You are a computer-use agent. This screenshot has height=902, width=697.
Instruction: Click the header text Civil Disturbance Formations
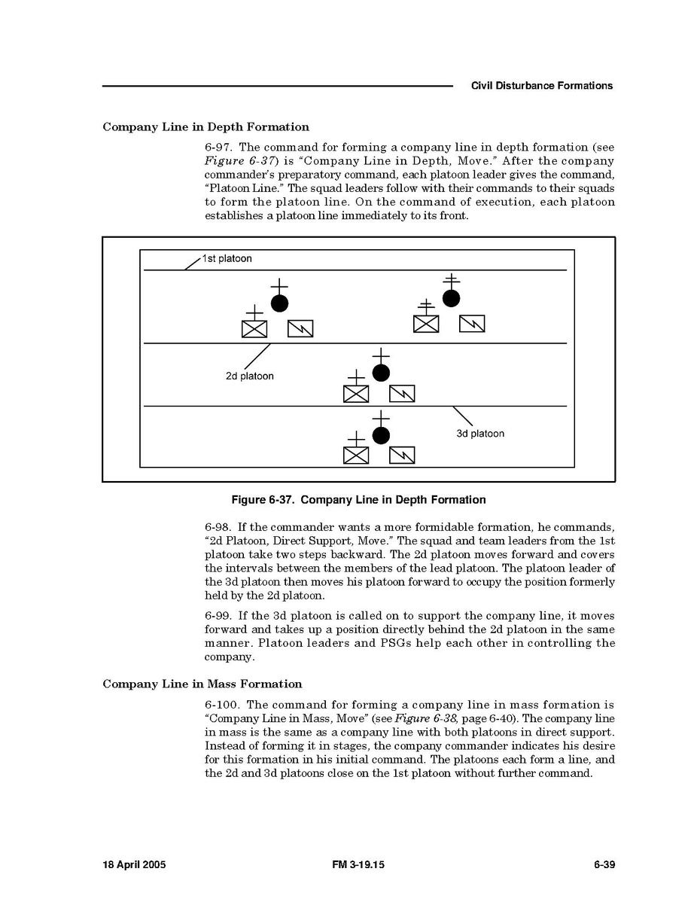(x=541, y=86)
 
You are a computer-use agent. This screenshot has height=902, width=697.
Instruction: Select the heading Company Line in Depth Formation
(x=205, y=127)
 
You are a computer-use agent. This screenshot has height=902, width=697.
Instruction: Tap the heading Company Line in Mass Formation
(x=202, y=684)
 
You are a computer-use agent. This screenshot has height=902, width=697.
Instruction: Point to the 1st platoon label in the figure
(x=227, y=259)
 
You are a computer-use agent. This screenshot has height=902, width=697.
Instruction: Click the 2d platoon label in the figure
(x=249, y=376)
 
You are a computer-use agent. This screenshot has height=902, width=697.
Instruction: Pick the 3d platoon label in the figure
(x=480, y=434)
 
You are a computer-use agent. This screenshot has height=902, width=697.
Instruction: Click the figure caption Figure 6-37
(x=358, y=500)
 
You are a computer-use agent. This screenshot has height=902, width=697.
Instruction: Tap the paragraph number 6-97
(x=218, y=148)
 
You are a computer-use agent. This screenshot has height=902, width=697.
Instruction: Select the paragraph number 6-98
(x=218, y=529)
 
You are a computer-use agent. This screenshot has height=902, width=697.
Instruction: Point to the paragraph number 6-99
(x=218, y=616)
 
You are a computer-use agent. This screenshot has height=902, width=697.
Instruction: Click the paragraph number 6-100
(x=222, y=705)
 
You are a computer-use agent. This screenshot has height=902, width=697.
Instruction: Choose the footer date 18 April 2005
(x=134, y=865)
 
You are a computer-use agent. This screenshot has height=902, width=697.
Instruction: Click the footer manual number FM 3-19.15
(x=358, y=865)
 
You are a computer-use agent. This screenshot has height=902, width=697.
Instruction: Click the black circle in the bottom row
(x=382, y=435)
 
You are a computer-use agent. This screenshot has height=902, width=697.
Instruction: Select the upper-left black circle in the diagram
(x=279, y=303)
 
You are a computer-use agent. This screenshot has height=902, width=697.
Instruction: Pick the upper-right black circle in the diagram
(x=451, y=298)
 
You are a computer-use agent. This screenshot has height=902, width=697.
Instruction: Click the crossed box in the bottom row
(x=356, y=456)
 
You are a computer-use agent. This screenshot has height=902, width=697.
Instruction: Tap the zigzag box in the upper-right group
(x=472, y=324)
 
